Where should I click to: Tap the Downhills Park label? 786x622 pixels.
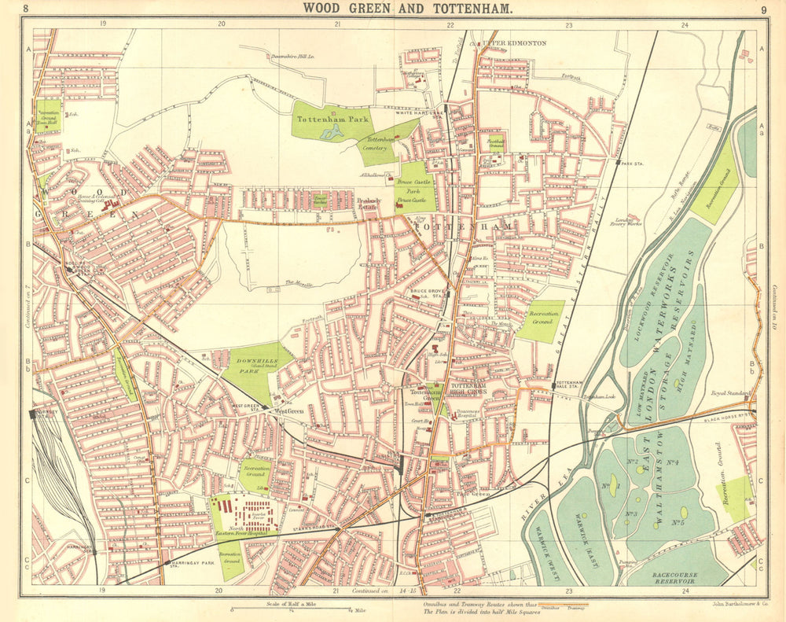(x=250, y=365)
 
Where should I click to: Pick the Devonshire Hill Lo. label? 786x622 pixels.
(x=292, y=57)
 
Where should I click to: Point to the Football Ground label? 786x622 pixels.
(x=496, y=144)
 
